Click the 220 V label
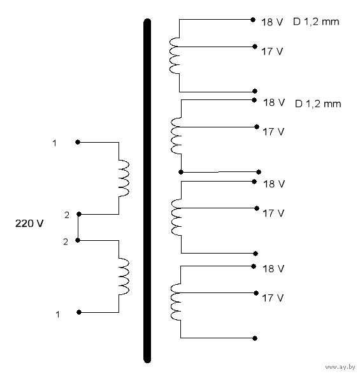pyautogui.click(x=29, y=224)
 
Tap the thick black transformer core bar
pyautogui.click(x=147, y=191)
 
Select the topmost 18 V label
pyautogui.click(x=272, y=22)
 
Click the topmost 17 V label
pyautogui.click(x=272, y=52)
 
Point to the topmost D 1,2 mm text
pyautogui.click(x=316, y=22)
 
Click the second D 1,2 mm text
pyautogui.click(x=318, y=104)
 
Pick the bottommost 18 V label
pyautogui.click(x=273, y=269)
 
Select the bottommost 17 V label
pyautogui.click(x=273, y=298)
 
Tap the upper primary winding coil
pyautogui.click(x=124, y=178)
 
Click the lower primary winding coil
pyautogui.click(x=124, y=277)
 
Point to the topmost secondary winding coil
pyautogui.click(x=175, y=55)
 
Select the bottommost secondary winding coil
pyautogui.click(x=176, y=302)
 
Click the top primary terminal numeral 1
pyautogui.click(x=55, y=143)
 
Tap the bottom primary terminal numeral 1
pyautogui.click(x=57, y=314)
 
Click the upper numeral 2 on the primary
pyautogui.click(x=67, y=215)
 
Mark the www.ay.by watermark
pyautogui.click(x=340, y=367)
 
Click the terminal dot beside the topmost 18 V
pyautogui.click(x=253, y=20)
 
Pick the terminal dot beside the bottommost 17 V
pyautogui.click(x=256, y=293)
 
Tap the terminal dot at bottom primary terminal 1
pyautogui.click(x=79, y=312)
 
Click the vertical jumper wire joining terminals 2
pyautogui.click(x=78, y=227)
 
